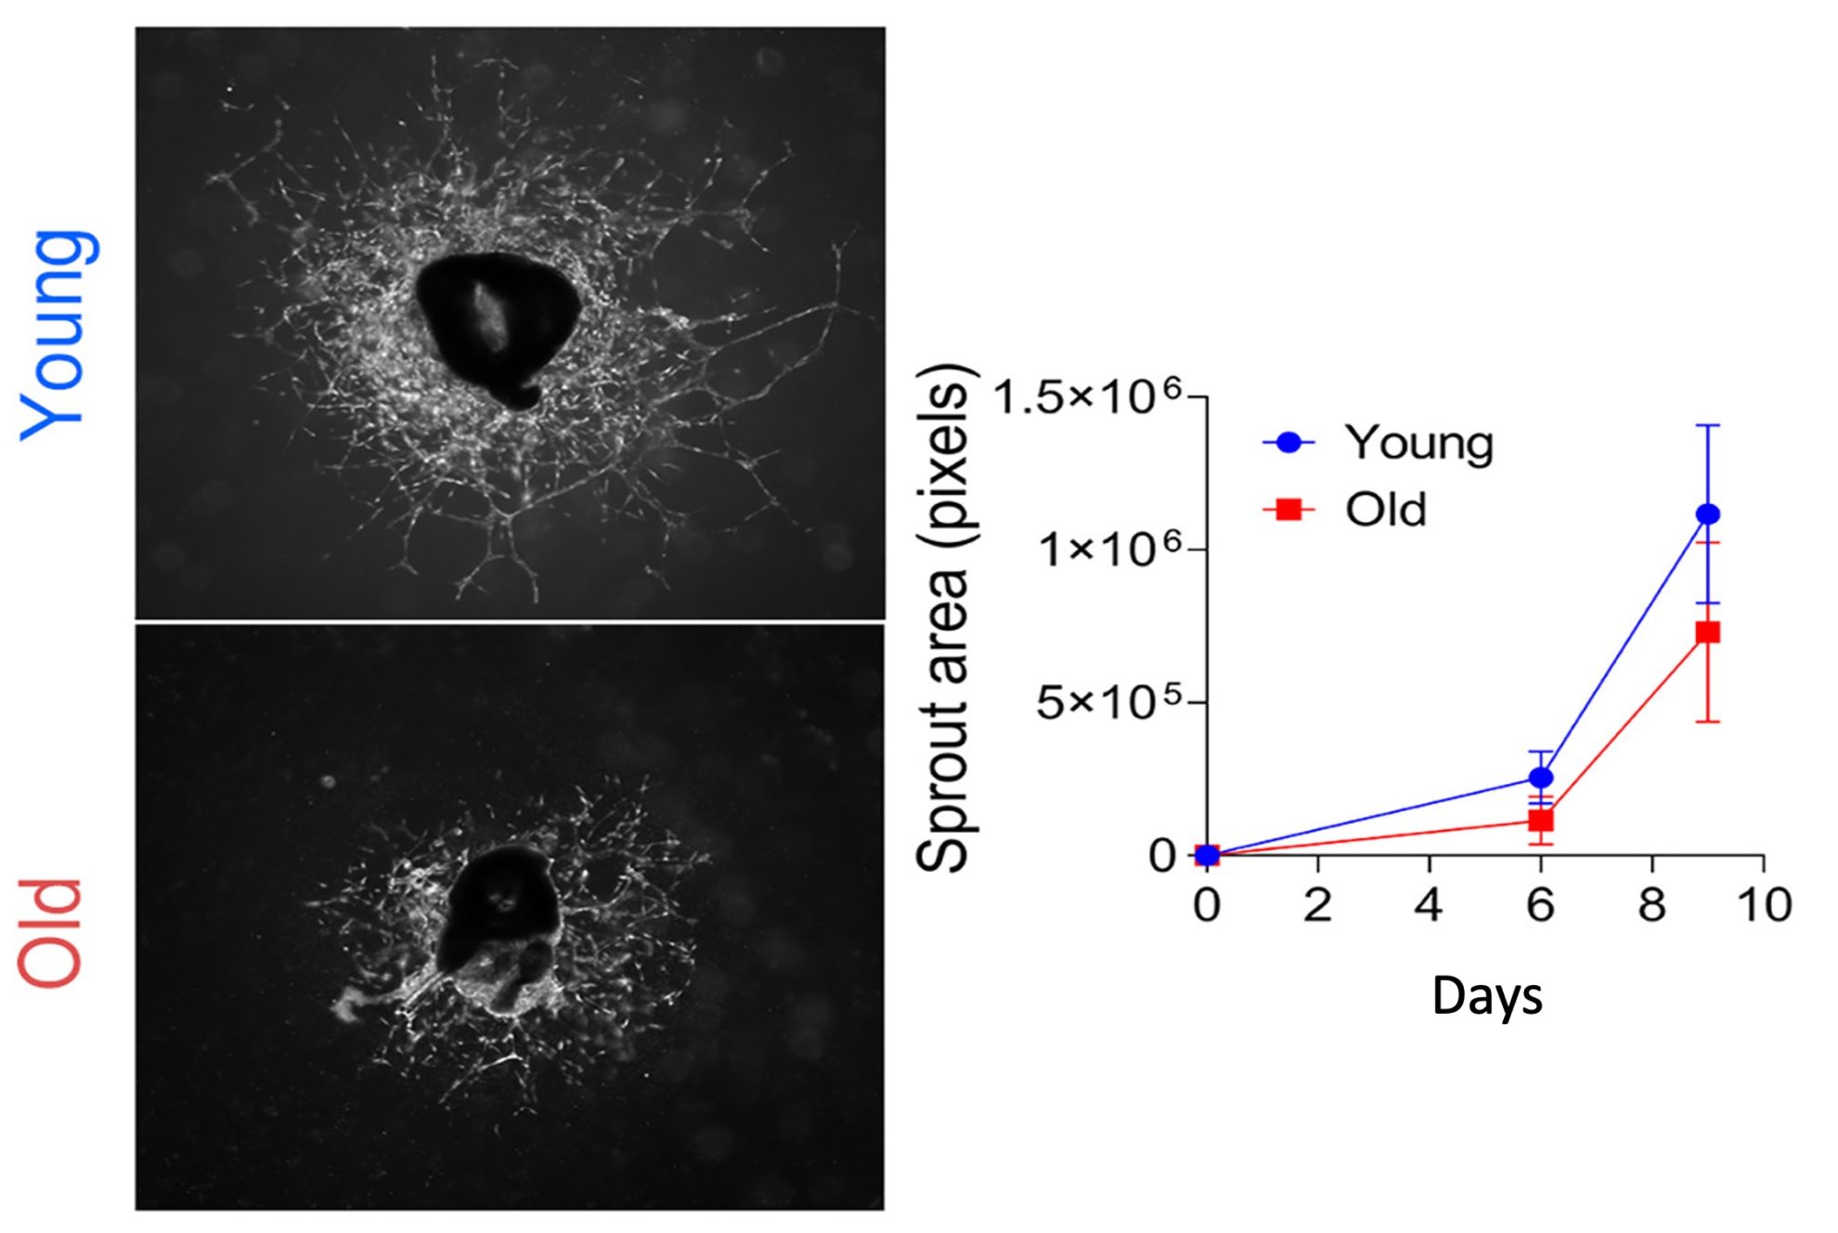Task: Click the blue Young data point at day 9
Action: pyautogui.click(x=1707, y=513)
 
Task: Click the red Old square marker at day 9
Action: pyautogui.click(x=1707, y=632)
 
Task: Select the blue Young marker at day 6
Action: pyautogui.click(x=1540, y=776)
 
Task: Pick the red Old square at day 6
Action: pyautogui.click(x=1540, y=820)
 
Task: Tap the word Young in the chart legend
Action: pyautogui.click(x=1419, y=443)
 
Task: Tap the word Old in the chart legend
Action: pyautogui.click(x=1385, y=510)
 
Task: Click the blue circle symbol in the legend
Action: pyautogui.click(x=1288, y=442)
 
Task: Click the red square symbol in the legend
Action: pyautogui.click(x=1288, y=509)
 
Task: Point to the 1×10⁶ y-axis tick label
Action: pyautogui.click(x=1110, y=549)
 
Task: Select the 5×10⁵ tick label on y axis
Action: pyautogui.click(x=1110, y=702)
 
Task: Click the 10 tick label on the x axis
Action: pyautogui.click(x=1764, y=905)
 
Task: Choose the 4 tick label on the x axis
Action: pyautogui.click(x=1429, y=905)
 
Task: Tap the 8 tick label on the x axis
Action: pyautogui.click(x=1651, y=905)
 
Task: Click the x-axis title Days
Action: pyautogui.click(x=1487, y=996)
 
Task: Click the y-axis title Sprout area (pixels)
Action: pyautogui.click(x=944, y=617)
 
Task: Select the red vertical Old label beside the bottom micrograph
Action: pyautogui.click(x=51, y=932)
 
